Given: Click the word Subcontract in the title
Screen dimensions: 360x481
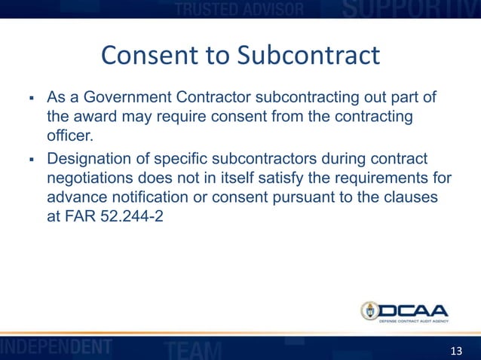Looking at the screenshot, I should [308, 56].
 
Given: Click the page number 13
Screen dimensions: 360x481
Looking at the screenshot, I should [455, 350].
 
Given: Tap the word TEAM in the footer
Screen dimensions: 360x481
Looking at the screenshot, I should [193, 350].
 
